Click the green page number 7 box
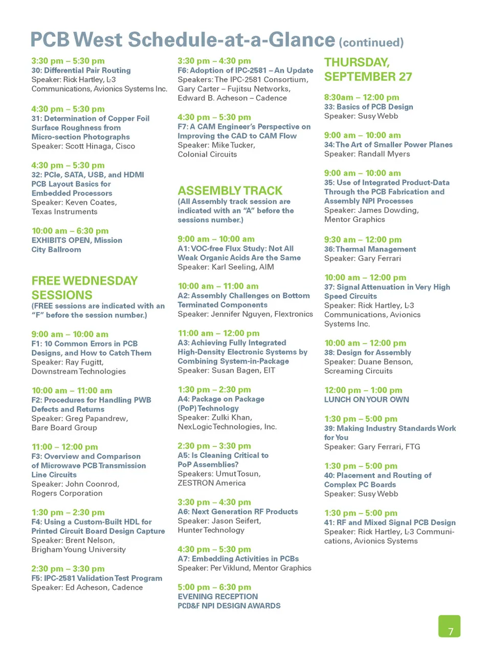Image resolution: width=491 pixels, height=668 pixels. [x=449, y=626]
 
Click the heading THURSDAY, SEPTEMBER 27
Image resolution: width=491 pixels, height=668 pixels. [x=368, y=70]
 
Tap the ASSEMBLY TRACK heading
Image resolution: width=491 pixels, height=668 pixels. [x=230, y=191]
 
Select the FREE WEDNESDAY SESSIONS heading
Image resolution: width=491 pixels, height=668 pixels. [x=84, y=288]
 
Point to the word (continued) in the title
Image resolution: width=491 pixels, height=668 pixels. [x=371, y=42]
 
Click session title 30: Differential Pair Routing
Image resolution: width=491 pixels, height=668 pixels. [x=81, y=71]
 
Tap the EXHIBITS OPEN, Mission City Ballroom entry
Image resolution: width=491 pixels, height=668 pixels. [x=77, y=245]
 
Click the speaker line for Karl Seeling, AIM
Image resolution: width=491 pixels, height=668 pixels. [x=226, y=267]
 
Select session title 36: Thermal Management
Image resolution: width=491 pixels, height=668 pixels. [x=370, y=249]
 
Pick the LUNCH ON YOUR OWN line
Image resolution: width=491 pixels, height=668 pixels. [x=366, y=400]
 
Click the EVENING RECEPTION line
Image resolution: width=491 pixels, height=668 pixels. [x=217, y=597]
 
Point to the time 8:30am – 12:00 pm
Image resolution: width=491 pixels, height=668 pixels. [x=361, y=97]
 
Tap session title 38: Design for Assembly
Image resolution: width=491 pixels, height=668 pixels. [x=367, y=353]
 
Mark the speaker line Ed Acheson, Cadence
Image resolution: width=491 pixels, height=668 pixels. [x=87, y=588]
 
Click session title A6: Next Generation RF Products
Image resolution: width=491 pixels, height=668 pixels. [x=237, y=512]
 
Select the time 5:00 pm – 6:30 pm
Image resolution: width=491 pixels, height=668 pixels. [x=214, y=587]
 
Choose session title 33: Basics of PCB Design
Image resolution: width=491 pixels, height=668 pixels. [x=368, y=107]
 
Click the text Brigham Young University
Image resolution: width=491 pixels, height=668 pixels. [x=78, y=550]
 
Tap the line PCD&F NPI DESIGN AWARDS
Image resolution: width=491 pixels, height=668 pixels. [x=229, y=606]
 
